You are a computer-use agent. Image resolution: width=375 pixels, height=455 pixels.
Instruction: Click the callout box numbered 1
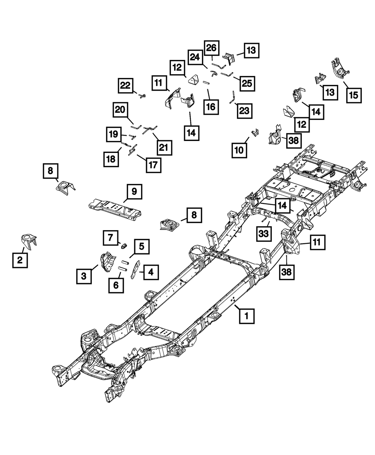point(247,316)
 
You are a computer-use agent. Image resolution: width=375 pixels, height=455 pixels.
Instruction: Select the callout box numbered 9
point(134,192)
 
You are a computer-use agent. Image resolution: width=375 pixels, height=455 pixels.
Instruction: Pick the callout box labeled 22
point(126,85)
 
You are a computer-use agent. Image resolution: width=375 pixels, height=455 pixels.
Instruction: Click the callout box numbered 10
point(239,150)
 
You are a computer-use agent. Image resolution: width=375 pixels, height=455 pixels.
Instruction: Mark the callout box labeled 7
point(110,238)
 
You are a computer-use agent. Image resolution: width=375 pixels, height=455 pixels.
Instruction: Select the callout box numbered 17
point(153,164)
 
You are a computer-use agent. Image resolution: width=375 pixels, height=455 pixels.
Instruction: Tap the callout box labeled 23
point(244,111)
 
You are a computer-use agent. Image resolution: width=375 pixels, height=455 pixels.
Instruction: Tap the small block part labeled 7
point(124,246)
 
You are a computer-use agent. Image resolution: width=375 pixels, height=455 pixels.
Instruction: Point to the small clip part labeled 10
point(255,133)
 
